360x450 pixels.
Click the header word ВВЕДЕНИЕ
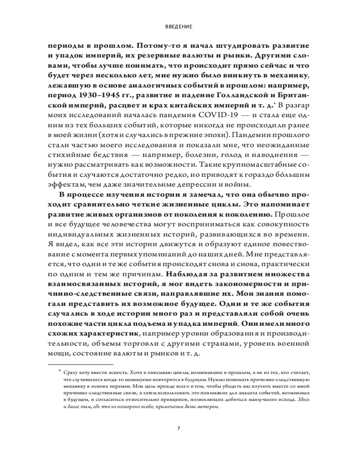[180, 27]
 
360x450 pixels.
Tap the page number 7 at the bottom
[179, 428]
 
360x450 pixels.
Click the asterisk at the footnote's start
[59, 370]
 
